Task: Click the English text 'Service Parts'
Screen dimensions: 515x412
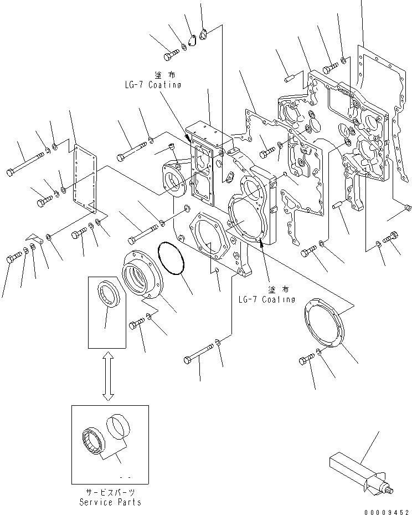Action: pyautogui.click(x=110, y=502)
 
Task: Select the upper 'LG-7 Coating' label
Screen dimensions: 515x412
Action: pyautogui.click(x=152, y=85)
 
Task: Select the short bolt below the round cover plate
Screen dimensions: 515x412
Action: pyautogui.click(x=306, y=360)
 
